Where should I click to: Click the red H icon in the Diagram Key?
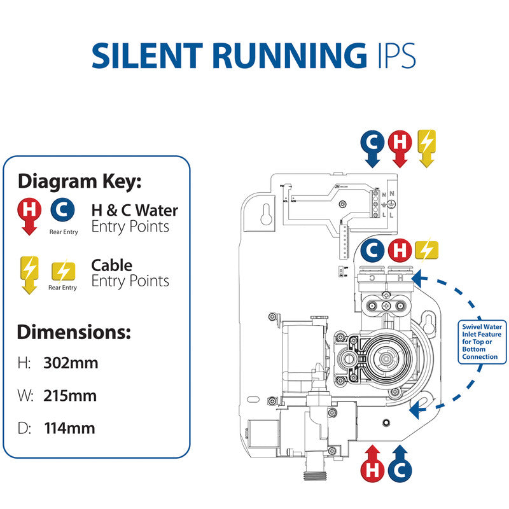[29, 210]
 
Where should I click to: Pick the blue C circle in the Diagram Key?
[62, 209]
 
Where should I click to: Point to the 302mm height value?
[71, 363]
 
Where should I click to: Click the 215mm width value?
[70, 396]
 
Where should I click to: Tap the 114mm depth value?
[69, 428]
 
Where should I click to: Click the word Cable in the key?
[112, 265]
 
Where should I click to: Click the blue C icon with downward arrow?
[372, 143]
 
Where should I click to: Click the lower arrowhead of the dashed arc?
[417, 409]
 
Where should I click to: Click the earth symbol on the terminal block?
[393, 204]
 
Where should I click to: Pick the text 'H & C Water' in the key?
[135, 210]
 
